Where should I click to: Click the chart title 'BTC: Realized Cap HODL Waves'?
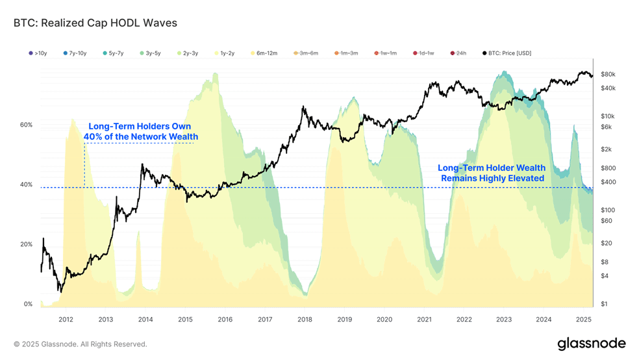pos(95,23)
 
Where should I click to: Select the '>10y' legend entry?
pos(38,53)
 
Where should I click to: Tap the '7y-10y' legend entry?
pos(75,53)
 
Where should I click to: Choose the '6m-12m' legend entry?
pos(264,53)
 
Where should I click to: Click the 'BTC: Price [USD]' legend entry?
pos(507,53)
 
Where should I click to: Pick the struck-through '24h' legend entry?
pos(458,53)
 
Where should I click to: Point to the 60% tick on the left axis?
pos(26,125)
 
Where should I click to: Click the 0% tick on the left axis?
pos(28,303)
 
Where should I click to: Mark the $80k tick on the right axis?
pos(608,74)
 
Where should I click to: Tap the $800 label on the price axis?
pos(608,168)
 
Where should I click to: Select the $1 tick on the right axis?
pos(604,303)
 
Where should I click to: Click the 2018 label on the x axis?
pos(305,319)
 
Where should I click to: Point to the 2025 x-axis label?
pos(584,319)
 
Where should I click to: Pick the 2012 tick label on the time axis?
pos(66,319)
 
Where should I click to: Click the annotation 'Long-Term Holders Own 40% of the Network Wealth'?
pos(141,132)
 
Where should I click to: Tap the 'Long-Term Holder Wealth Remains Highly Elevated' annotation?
pos(492,173)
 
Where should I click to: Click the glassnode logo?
pos(592,344)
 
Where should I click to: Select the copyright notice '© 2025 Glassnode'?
pos(45,344)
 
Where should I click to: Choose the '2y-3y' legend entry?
pos(188,53)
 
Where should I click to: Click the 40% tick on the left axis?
pos(26,185)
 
